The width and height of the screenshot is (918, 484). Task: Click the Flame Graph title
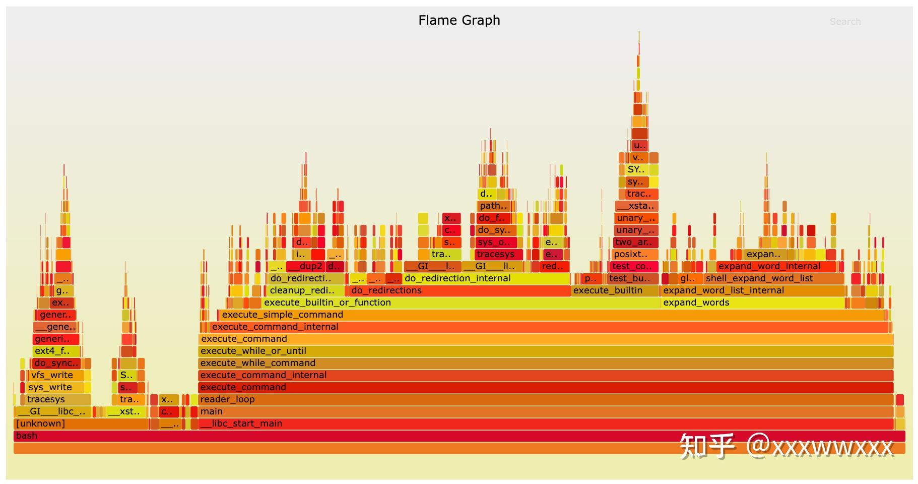pos(459,20)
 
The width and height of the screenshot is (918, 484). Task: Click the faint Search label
pos(845,22)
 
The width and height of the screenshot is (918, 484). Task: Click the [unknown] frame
pos(81,423)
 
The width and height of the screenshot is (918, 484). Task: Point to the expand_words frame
pos(751,302)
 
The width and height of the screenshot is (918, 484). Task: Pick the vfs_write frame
pos(55,375)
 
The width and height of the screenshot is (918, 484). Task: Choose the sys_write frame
pos(53,387)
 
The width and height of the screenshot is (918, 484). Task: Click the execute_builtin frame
pos(615,290)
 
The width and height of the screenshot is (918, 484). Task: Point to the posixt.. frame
pos(635,254)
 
